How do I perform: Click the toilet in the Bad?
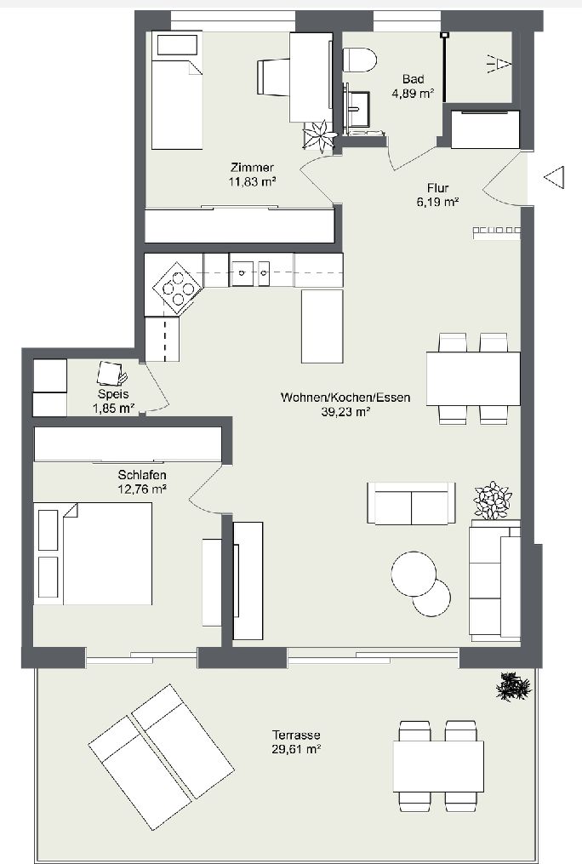(360, 60)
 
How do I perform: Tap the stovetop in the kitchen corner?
(177, 287)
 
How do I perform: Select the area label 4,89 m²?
(413, 94)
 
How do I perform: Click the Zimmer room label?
(252, 167)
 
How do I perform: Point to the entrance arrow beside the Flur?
(554, 177)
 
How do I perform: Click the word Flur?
(437, 188)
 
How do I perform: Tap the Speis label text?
(113, 394)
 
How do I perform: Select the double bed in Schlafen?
(93, 552)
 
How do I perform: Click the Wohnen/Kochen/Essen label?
(345, 398)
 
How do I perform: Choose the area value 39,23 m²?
(345, 412)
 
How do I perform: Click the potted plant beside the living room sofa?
(493, 500)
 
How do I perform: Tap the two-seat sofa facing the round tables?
(411, 503)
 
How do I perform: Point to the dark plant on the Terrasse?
(514, 687)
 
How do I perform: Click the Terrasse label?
(296, 735)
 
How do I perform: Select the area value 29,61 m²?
(296, 749)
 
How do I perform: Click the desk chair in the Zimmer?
(272, 77)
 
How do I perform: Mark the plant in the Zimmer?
(319, 136)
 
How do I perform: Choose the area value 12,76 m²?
(142, 489)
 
